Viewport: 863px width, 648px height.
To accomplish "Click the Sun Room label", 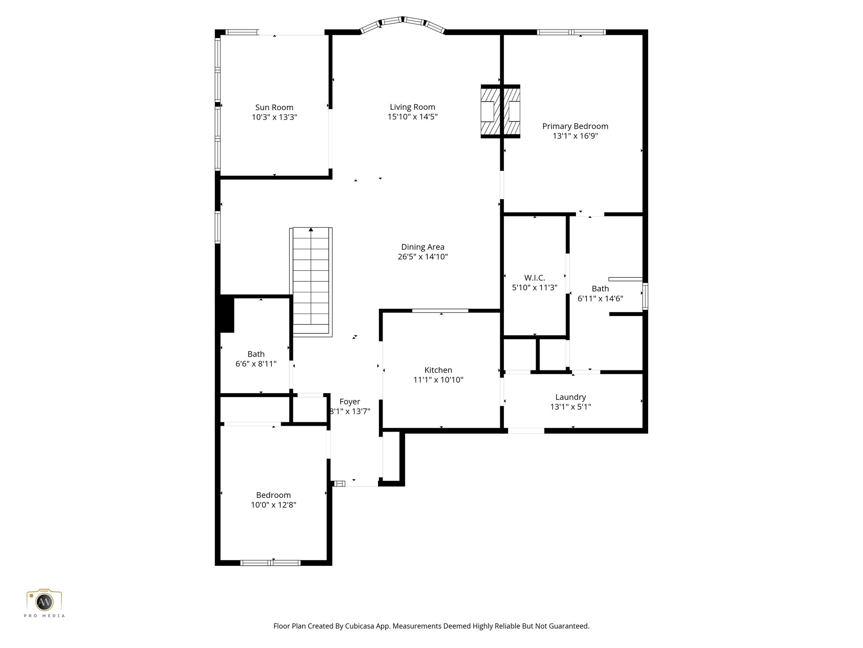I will (x=274, y=108).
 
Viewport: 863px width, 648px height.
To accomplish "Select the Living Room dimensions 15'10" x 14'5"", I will (x=413, y=117).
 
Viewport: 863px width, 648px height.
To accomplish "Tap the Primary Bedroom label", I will (x=575, y=126).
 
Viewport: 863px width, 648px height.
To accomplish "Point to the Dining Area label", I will (x=423, y=247).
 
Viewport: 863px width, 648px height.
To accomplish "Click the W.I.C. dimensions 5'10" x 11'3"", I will (x=534, y=288).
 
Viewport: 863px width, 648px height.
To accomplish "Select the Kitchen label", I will (x=438, y=370).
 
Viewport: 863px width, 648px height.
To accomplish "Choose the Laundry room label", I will (x=571, y=397).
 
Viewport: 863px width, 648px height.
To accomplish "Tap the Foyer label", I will (x=350, y=402).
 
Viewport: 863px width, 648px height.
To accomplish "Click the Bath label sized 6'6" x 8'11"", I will (x=256, y=354).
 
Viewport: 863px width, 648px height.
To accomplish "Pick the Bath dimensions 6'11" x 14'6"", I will (x=600, y=299).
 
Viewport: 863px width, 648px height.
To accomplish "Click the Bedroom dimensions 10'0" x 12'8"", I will (x=273, y=505).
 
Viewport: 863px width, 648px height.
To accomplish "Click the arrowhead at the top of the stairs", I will (x=311, y=229).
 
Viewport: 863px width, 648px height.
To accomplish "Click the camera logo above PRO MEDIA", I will (x=44, y=600).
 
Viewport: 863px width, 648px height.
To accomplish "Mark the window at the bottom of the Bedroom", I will (x=270, y=562).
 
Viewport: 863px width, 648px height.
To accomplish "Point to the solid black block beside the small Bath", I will (x=227, y=314).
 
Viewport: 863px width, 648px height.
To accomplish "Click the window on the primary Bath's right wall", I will (x=645, y=296).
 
